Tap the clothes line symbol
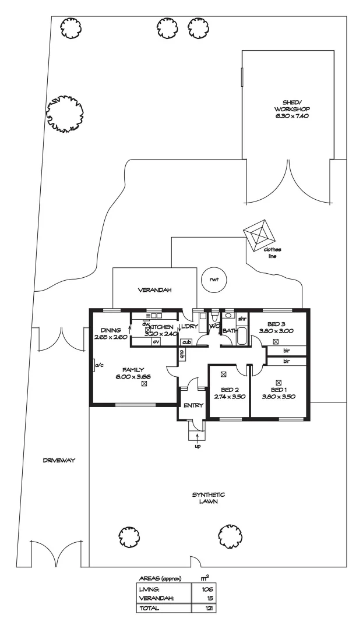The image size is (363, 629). pyautogui.click(x=260, y=235)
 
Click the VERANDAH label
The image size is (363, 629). pyautogui.click(x=150, y=289)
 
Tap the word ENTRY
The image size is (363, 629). pyautogui.click(x=193, y=405)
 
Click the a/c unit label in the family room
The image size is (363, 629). pyautogui.click(x=98, y=365)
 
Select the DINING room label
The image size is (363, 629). pyautogui.click(x=110, y=329)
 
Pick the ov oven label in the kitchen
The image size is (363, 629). pyautogui.click(x=156, y=342)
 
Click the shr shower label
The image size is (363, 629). pyautogui.click(x=241, y=319)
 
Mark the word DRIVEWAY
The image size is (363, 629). pyautogui.click(x=59, y=460)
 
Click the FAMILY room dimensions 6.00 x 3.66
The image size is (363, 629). pyautogui.click(x=133, y=377)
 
